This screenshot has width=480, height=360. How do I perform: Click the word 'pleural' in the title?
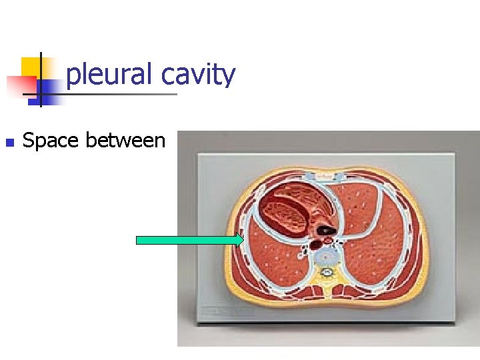click(110, 75)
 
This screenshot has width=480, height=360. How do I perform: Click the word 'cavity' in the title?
click(199, 75)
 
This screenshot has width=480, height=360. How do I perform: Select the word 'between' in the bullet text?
click(129, 140)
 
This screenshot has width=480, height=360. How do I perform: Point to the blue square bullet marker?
click(8, 142)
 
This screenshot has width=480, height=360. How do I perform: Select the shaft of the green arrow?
click(187, 241)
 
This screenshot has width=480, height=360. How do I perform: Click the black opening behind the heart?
click(325, 230)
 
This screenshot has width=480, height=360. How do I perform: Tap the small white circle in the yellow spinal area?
click(327, 273)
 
